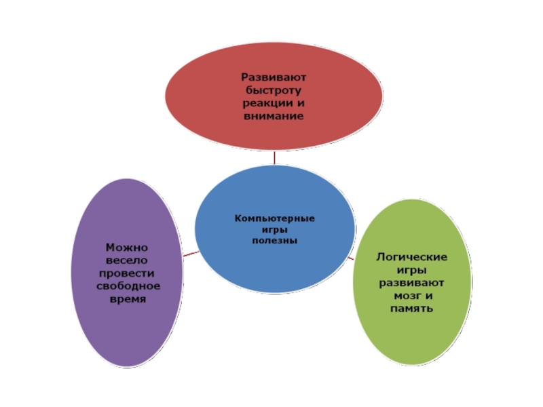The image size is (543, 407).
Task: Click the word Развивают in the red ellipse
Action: point(275,77)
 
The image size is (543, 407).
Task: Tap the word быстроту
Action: point(275,90)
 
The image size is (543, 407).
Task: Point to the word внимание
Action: point(275,116)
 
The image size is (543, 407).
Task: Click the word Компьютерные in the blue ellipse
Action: point(274,219)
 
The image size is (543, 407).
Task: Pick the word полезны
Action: point(274,240)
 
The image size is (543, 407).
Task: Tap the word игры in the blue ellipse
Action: point(274,230)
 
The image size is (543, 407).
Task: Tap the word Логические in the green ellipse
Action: point(411,257)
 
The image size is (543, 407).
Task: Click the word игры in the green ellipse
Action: point(411,270)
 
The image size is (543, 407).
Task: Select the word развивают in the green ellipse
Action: point(411,283)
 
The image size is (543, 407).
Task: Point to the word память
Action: point(411,309)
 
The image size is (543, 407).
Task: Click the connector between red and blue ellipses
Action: point(274,157)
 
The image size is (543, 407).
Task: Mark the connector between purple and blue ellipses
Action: point(191,254)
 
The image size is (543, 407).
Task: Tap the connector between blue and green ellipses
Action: point(351,256)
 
